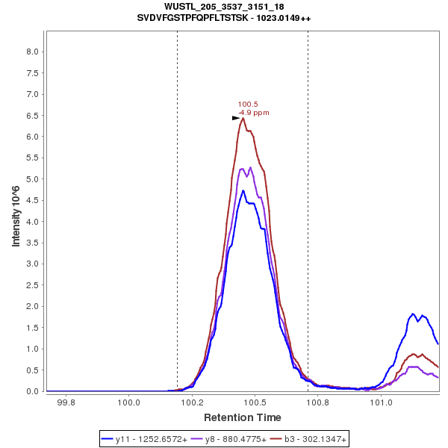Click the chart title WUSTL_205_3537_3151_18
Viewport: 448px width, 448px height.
click(x=224, y=7)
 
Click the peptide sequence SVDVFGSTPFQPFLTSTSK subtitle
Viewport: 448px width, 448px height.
click(x=224, y=17)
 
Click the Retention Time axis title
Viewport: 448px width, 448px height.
click(x=243, y=417)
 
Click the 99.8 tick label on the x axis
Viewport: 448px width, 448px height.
click(x=66, y=403)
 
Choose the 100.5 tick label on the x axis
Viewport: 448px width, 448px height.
click(x=255, y=403)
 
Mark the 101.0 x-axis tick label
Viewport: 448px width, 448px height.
click(x=382, y=403)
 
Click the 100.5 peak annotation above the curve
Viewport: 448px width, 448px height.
click(x=248, y=105)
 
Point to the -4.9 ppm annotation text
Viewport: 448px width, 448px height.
click(x=254, y=113)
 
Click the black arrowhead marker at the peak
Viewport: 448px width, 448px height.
click(x=236, y=118)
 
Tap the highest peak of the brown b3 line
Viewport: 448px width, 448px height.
click(x=243, y=118)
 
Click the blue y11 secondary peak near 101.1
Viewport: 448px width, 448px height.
click(x=413, y=314)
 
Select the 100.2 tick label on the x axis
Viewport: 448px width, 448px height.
click(x=193, y=403)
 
